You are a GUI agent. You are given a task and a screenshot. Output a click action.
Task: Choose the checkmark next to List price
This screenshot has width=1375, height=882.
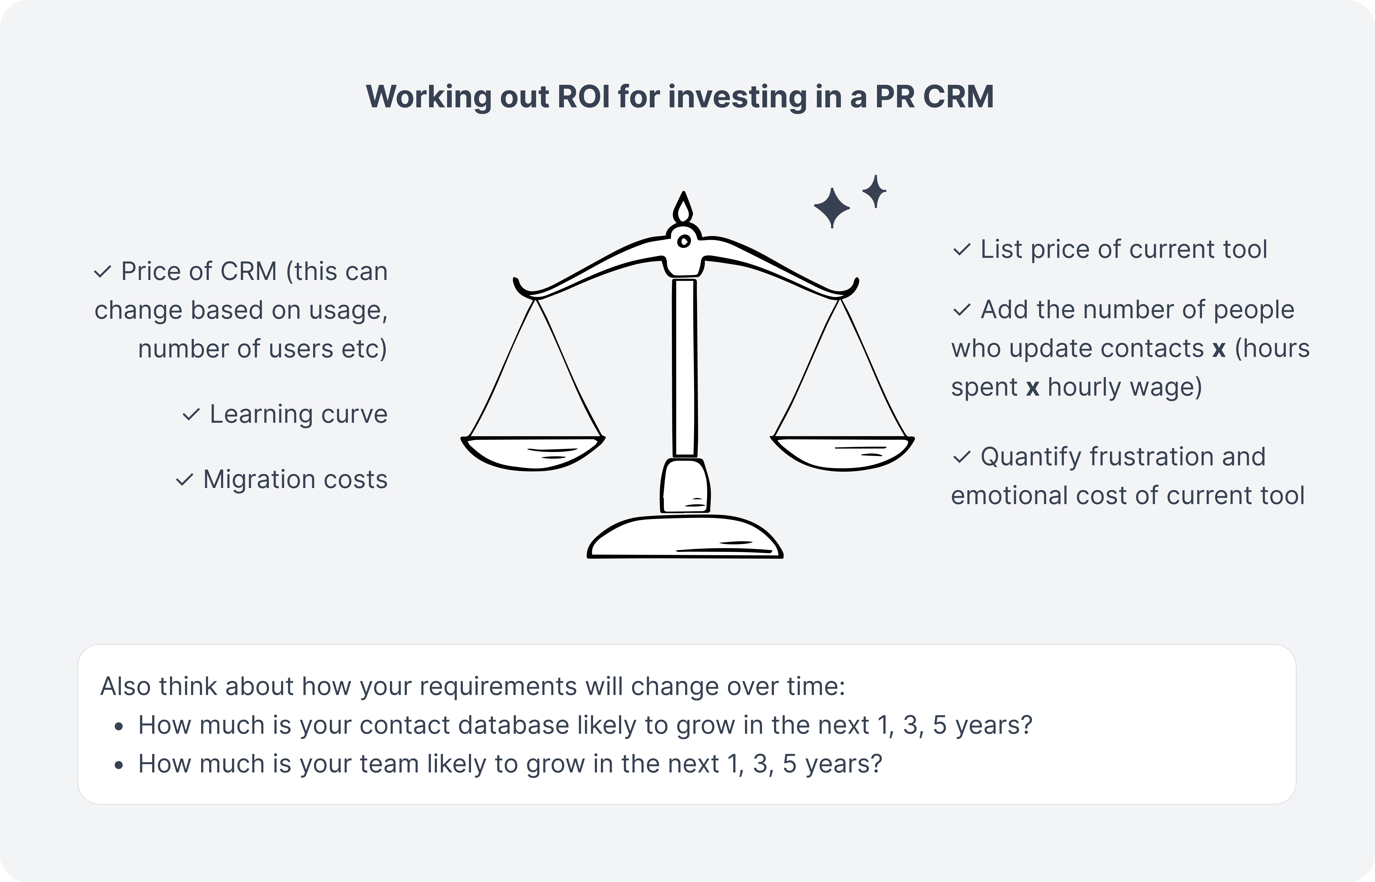pos(961,250)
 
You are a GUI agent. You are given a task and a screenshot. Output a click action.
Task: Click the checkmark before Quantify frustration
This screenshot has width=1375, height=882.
pos(961,457)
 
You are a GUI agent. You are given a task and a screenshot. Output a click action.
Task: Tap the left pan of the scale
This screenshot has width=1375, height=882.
pos(533,452)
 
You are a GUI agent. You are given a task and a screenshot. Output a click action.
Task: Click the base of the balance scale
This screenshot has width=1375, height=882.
pos(685,537)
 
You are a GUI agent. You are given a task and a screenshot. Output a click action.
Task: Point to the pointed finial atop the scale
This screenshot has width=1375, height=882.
pos(683,207)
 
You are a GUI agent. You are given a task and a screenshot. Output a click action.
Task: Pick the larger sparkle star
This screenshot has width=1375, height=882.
pos(832,207)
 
